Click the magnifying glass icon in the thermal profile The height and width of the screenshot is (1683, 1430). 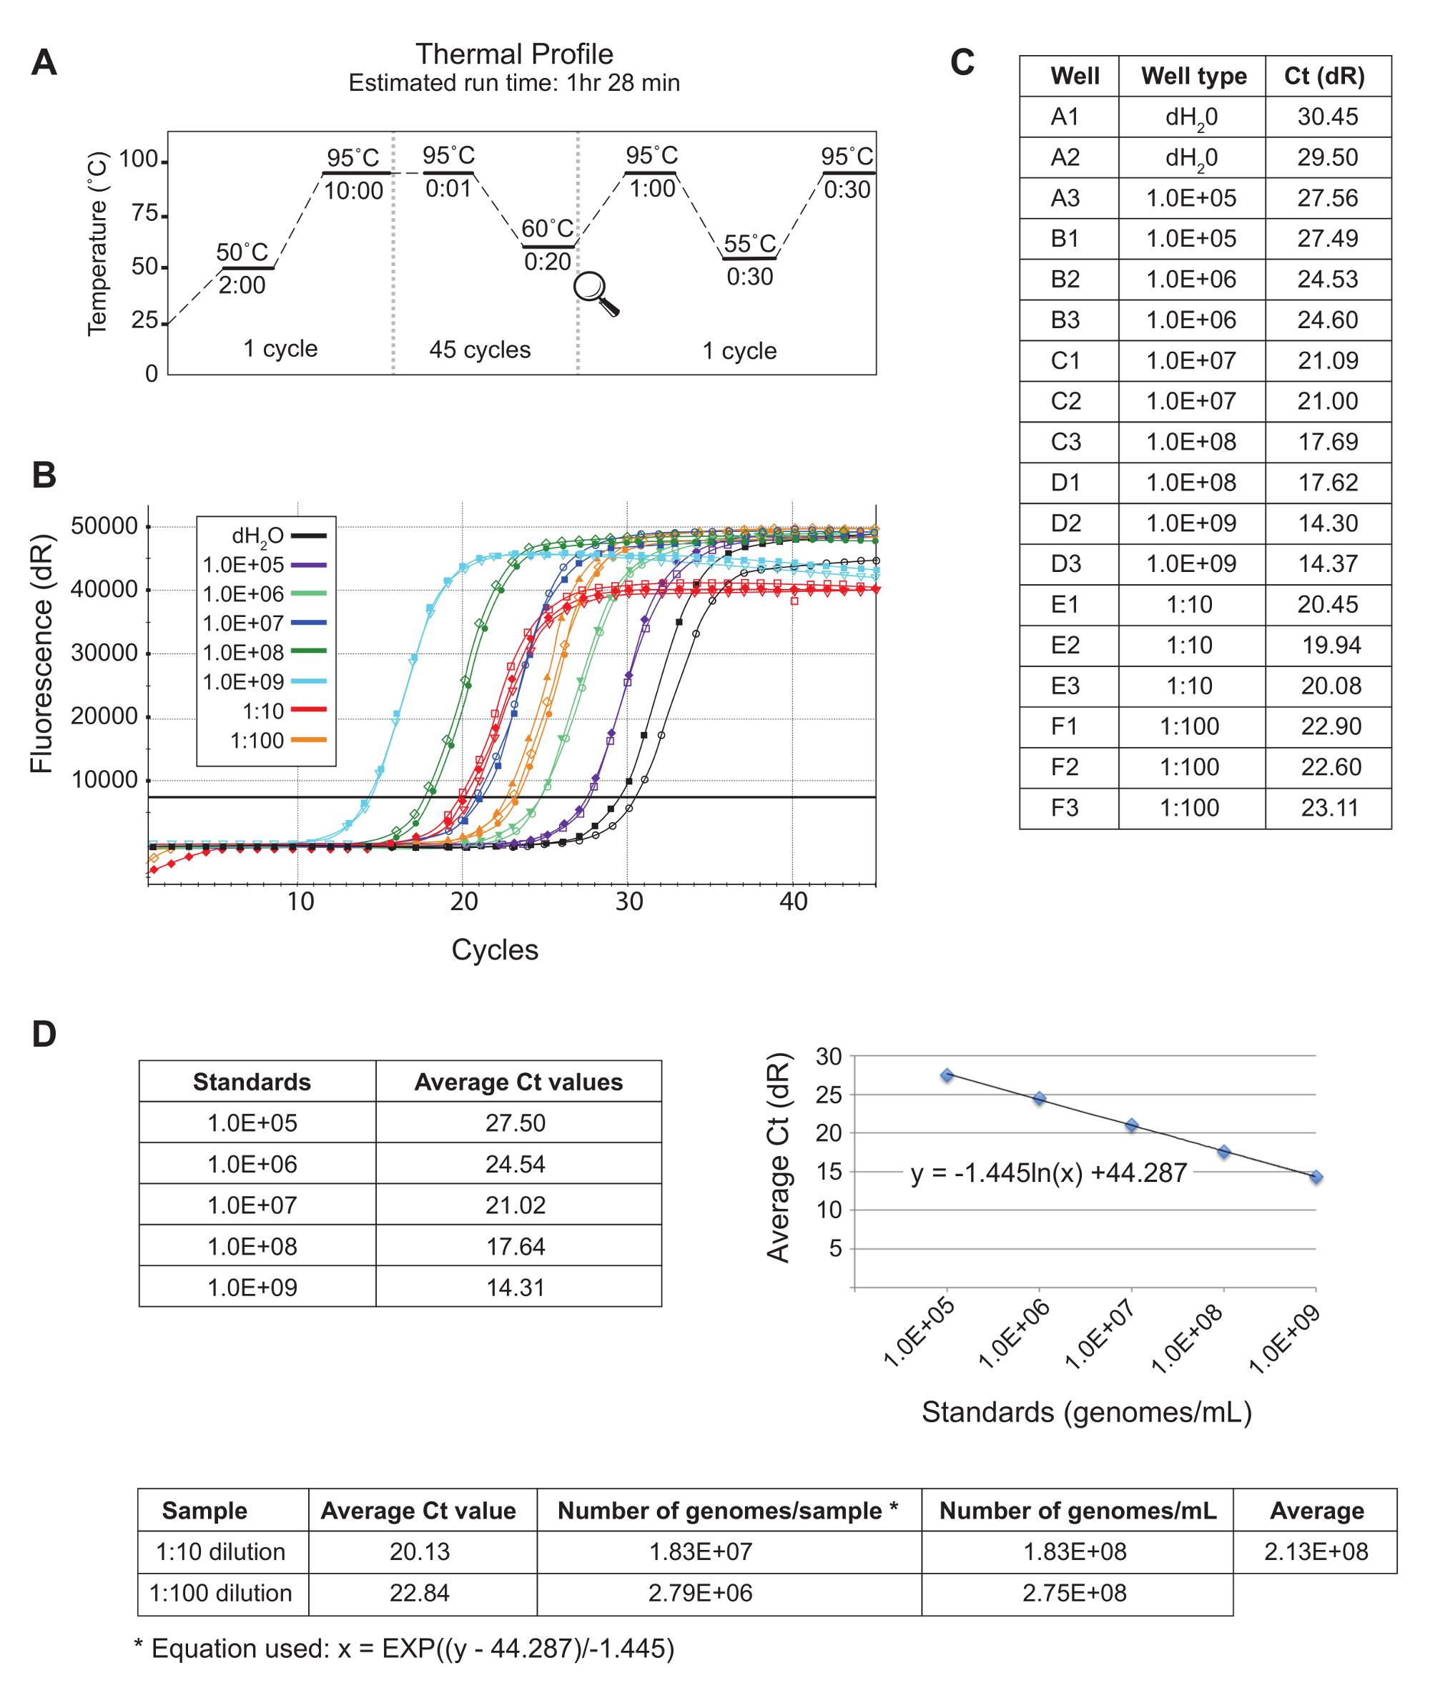point(595,292)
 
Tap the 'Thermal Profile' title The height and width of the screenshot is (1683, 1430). point(514,54)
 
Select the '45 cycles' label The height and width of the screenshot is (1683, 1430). point(480,350)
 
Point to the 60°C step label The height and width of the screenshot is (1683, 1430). point(547,229)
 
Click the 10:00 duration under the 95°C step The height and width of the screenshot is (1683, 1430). point(353,192)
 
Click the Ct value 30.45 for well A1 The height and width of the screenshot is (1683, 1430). point(1327,117)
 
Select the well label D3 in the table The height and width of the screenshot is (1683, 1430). point(1065,563)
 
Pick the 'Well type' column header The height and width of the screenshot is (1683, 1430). point(1193,76)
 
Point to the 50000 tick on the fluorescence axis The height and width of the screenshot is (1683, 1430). point(104,526)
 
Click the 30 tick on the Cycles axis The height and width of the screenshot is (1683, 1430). point(628,902)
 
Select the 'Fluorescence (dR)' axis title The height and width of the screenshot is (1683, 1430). point(42,653)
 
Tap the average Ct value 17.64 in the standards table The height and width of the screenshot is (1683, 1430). point(516,1246)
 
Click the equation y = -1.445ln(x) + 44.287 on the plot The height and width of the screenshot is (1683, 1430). point(1048,1173)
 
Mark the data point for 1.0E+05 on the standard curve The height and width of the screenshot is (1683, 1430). point(947,1075)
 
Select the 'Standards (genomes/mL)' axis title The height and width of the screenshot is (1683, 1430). point(1086,1412)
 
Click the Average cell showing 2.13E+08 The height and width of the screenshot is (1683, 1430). point(1315,1551)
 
